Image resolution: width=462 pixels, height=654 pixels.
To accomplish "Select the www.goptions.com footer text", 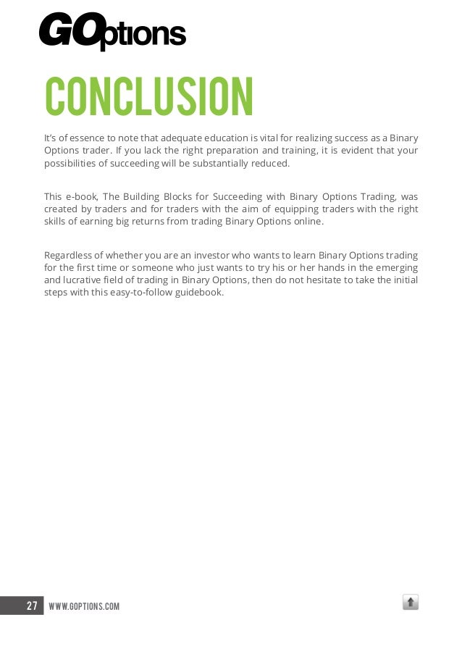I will [83, 605].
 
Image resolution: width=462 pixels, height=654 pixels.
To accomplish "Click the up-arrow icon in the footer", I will [411, 602].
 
